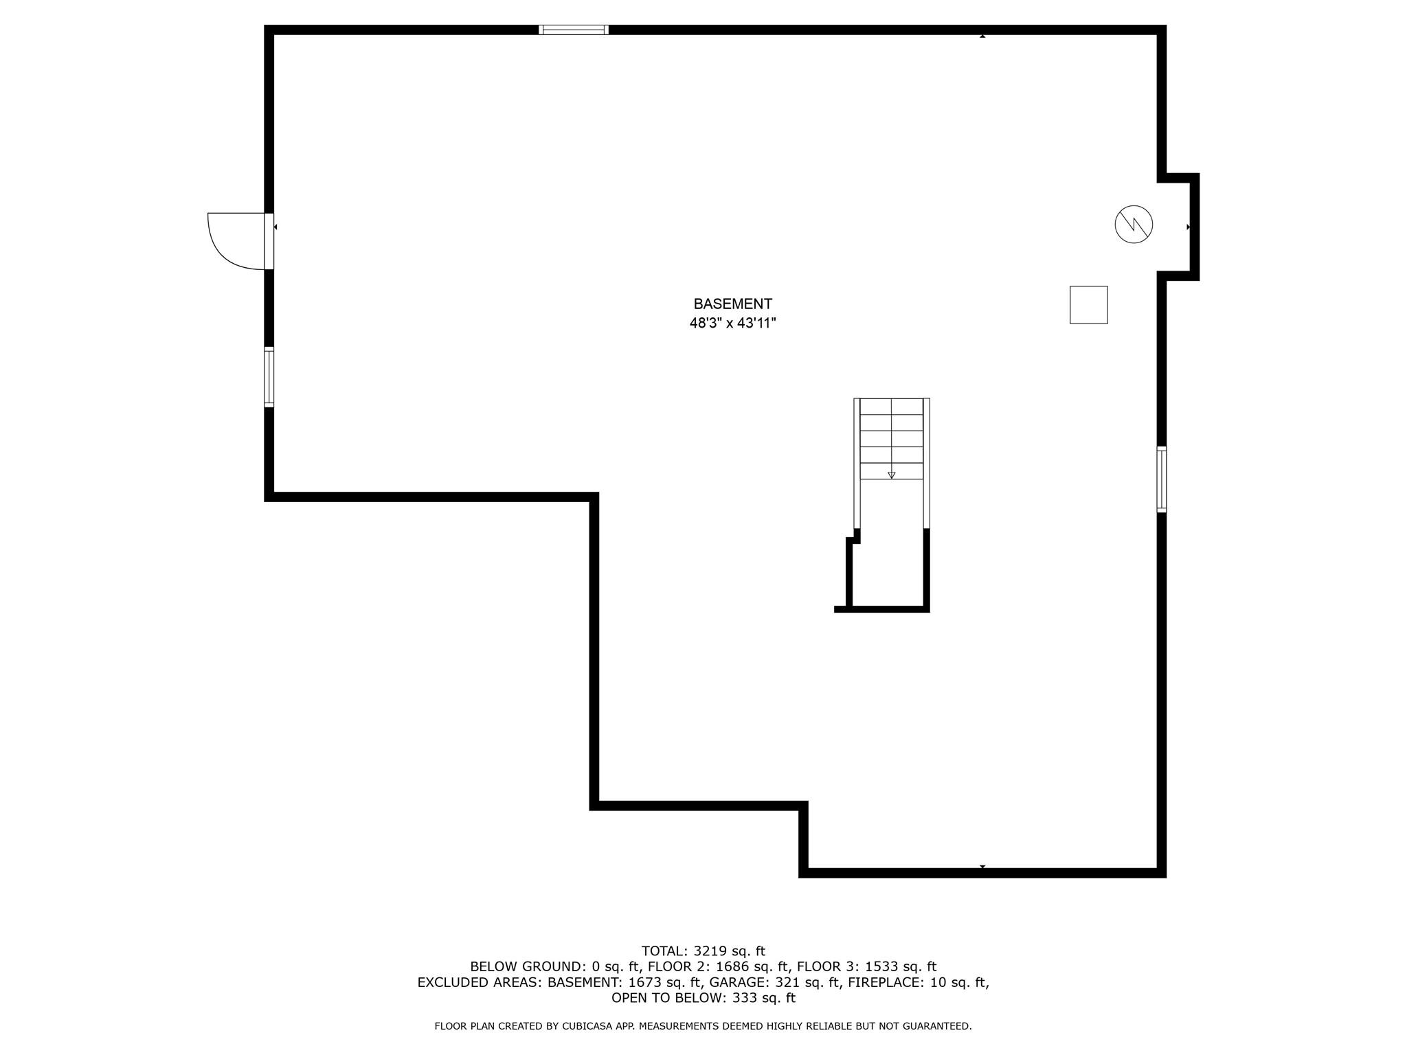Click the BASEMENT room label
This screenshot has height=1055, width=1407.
[732, 304]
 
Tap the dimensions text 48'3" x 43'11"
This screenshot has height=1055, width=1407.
[732, 323]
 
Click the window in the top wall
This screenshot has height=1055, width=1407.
[574, 30]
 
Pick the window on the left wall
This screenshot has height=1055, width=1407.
[269, 377]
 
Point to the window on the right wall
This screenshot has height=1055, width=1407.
[1162, 479]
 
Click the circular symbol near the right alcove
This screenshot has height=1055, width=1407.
[1134, 224]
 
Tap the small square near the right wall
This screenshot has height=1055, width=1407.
[1089, 305]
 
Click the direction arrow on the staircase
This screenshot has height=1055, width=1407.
[892, 475]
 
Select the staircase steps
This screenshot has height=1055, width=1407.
[892, 438]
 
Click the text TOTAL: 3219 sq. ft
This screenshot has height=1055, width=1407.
[703, 951]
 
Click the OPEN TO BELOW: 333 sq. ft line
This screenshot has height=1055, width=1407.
[703, 998]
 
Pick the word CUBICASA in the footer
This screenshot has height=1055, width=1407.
[589, 1026]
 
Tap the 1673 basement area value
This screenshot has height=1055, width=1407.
[643, 982]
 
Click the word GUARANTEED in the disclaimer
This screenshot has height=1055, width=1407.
[936, 1026]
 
